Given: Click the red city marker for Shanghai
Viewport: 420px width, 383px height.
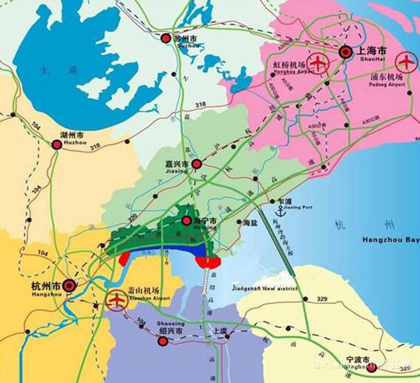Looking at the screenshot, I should pos(345,51).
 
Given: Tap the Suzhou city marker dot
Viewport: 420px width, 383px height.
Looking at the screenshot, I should pos(165,38).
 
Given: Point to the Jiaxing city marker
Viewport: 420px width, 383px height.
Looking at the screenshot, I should pos(197,165).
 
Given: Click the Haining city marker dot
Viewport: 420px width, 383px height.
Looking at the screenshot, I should pos(186,221).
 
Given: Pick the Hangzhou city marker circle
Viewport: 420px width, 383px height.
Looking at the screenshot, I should pos(70,286).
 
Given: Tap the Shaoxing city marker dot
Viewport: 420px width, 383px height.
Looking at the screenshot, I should pos(163,341).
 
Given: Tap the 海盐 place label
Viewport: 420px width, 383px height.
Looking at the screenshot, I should pos(249,223).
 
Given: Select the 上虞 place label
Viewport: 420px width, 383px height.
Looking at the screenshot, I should pos(220,330).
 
